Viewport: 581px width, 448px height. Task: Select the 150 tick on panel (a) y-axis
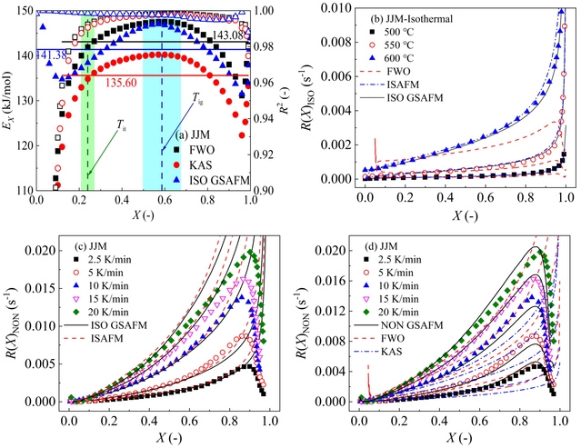22,12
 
